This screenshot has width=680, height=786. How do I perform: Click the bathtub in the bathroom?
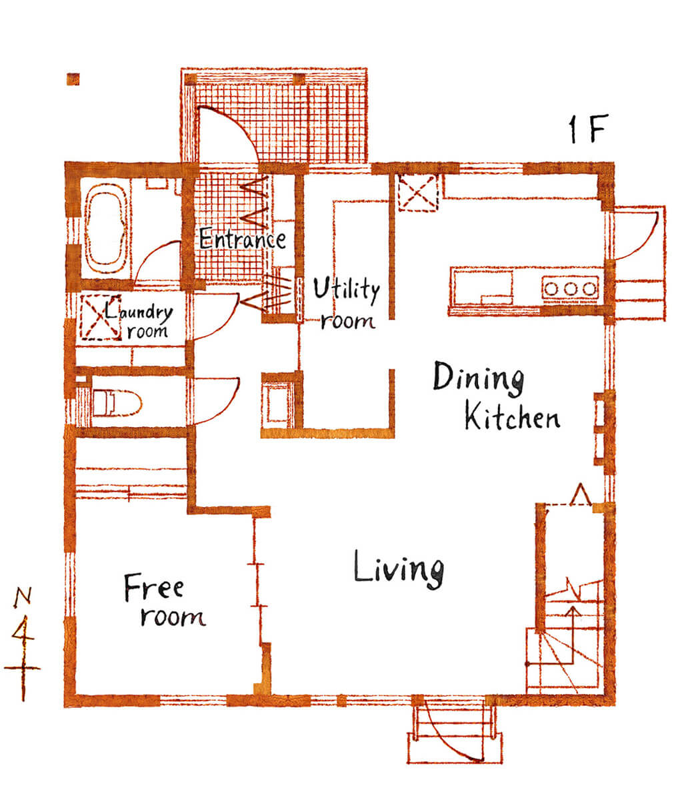coord(105,225)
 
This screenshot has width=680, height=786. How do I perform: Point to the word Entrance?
coord(243,239)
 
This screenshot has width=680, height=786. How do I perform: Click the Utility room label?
coord(347,304)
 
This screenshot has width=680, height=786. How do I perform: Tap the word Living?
coord(399,568)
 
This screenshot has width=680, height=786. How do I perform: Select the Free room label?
coord(164,601)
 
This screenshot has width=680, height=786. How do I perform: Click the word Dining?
coord(478,378)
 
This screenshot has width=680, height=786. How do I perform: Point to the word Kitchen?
coord(512,416)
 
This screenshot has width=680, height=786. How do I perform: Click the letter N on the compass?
coord(23,596)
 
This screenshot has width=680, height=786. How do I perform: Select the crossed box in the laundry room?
coord(101,318)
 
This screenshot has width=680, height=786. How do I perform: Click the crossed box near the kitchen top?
coord(418,192)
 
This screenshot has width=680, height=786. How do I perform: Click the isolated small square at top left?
coord(73,79)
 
